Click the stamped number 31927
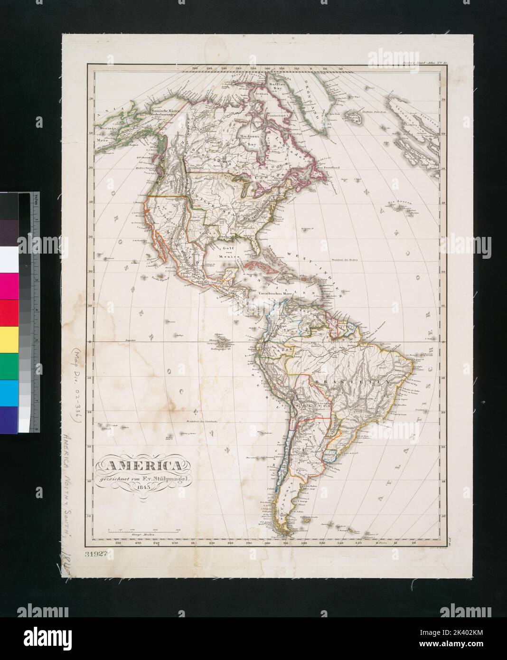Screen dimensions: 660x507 coord(97,554)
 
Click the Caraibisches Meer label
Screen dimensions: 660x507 coord(273,294)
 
